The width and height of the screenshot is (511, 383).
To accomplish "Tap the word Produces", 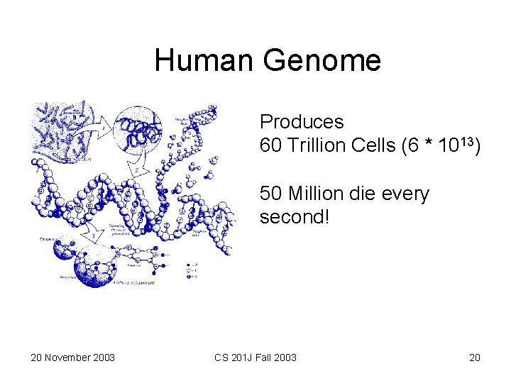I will (302, 122).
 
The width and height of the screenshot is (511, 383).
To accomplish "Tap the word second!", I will (295, 217).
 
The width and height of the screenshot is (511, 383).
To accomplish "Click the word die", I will (366, 194).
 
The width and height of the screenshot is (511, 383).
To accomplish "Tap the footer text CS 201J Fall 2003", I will (255, 357).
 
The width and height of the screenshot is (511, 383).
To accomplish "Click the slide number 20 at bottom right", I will (474, 357).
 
